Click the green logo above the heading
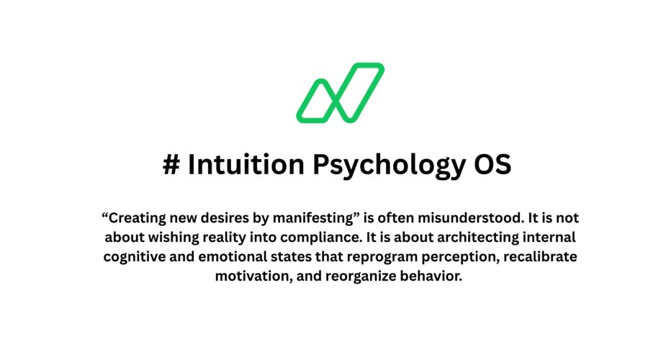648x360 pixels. click(x=340, y=92)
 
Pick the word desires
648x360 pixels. click(x=220, y=217)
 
